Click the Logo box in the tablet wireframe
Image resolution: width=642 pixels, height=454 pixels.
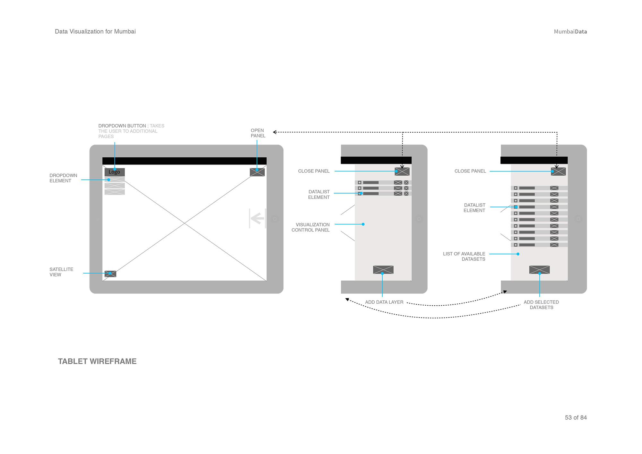point(114,172)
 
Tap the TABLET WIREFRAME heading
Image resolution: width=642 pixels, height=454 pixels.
point(97,361)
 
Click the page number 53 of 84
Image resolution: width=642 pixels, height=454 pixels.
point(576,417)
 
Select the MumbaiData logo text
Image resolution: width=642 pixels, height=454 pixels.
point(570,31)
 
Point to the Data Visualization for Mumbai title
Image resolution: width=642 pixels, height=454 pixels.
point(95,31)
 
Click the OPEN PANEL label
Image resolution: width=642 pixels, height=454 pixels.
point(258,133)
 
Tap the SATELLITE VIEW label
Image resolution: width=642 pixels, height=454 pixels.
point(61,272)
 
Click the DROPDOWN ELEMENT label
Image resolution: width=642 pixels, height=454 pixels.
point(63,178)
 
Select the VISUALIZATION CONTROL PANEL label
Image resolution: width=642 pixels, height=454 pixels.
point(311,227)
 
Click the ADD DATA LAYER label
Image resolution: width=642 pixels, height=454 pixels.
point(384,302)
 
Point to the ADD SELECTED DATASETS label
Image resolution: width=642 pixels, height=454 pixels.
point(541,305)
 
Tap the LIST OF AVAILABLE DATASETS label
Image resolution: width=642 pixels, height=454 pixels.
point(464,256)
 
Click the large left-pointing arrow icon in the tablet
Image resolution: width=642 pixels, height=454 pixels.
point(257,219)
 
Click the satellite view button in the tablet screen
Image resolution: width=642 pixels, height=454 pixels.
point(110,274)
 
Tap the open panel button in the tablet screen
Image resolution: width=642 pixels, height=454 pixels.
point(257,172)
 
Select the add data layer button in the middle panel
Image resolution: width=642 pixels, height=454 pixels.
point(383,270)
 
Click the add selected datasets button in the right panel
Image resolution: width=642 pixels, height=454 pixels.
point(539,270)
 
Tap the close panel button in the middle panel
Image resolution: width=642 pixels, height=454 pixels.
point(402,171)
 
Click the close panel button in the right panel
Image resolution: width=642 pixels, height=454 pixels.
point(558,171)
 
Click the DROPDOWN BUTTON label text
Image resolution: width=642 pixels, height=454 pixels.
point(122,126)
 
